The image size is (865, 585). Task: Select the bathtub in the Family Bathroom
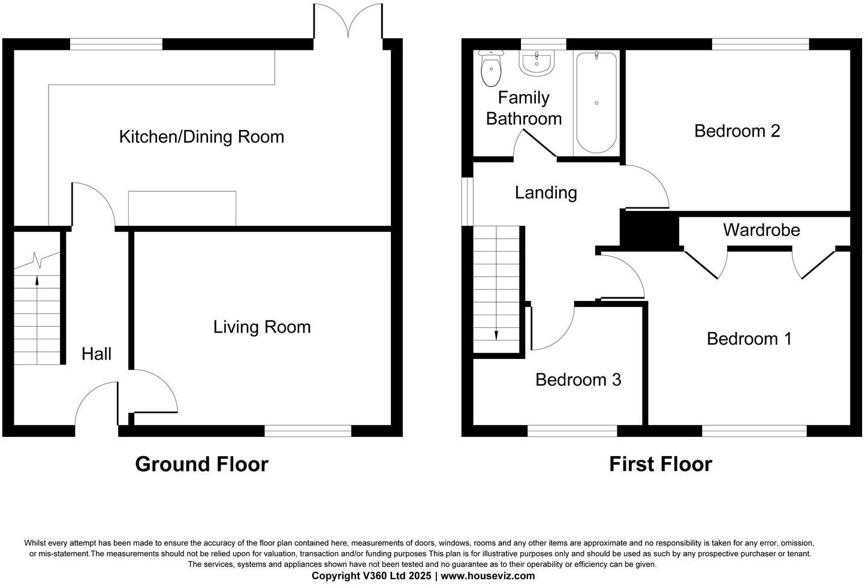pos(596,102)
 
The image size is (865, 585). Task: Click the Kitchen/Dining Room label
pos(201,137)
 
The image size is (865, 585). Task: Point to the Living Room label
pos(262,327)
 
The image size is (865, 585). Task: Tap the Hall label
pos(97,354)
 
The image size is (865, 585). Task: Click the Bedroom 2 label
pos(737,131)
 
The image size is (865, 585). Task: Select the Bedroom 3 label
pos(578,379)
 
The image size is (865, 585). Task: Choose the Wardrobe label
pos(761,230)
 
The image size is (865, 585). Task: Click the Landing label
pos(545,192)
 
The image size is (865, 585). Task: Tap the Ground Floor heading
pos(201,464)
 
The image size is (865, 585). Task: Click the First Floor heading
pos(661,464)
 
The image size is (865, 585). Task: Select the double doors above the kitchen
pos(348,21)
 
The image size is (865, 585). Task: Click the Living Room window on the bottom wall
pos(308,430)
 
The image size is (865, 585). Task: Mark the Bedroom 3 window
pos(572,430)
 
